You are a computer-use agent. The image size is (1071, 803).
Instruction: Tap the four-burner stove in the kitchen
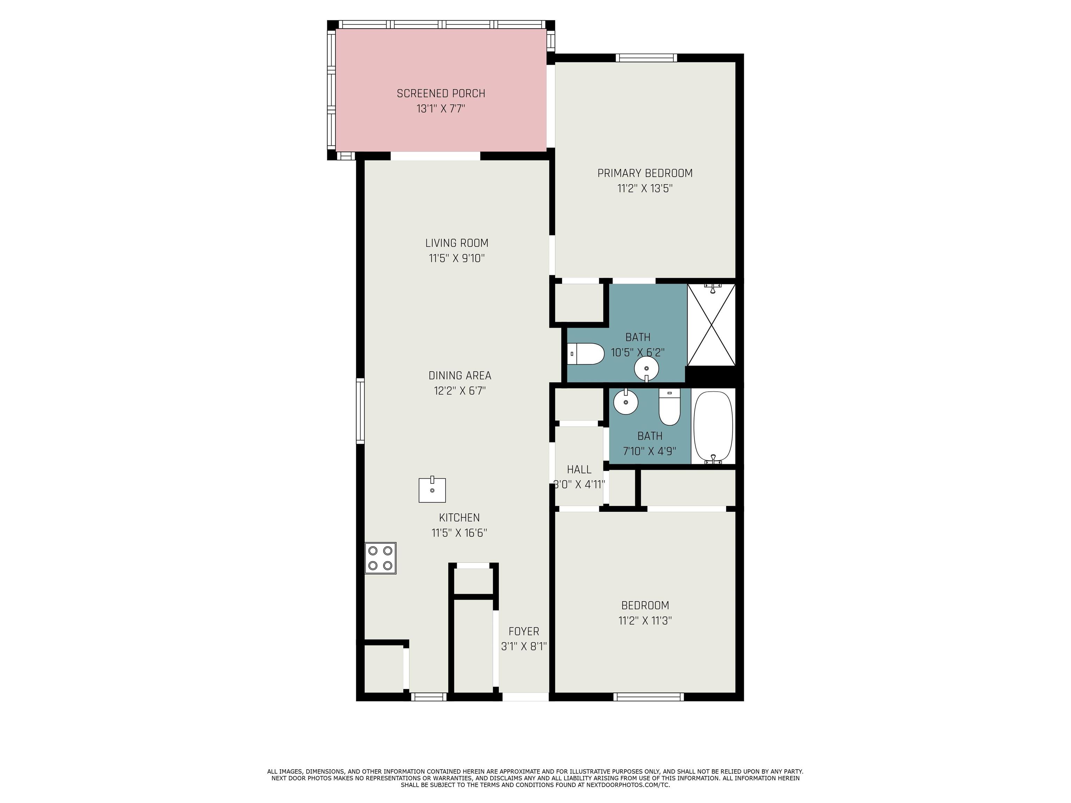click(381, 558)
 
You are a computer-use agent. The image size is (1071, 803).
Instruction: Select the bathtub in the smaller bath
click(713, 427)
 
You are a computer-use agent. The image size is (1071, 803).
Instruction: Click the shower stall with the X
click(711, 325)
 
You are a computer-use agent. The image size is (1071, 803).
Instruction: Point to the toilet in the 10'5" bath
click(585, 354)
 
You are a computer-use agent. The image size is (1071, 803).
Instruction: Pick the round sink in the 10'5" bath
click(646, 369)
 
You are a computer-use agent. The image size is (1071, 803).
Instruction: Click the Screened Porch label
click(441, 93)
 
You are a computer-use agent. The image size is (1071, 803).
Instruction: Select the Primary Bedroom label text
click(645, 173)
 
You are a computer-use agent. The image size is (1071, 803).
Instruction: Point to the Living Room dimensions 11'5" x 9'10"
click(457, 259)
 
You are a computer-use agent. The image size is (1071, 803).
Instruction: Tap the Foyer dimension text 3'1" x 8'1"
click(523, 646)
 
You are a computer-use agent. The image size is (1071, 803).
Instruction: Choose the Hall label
click(579, 469)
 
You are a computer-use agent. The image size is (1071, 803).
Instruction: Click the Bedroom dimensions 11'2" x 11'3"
click(645, 620)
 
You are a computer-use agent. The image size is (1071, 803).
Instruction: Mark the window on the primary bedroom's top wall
click(646, 58)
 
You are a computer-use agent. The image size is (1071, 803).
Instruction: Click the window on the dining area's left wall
click(360, 411)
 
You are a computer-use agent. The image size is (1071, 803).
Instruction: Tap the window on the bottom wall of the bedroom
click(649, 697)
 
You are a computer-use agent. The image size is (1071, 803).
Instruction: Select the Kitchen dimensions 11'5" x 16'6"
click(459, 533)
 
